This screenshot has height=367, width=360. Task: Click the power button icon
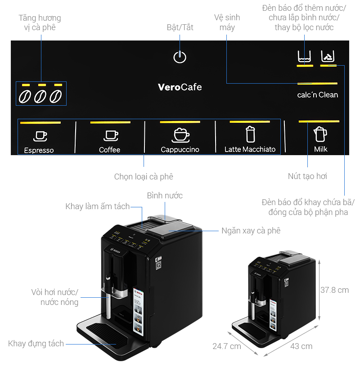point(180,57)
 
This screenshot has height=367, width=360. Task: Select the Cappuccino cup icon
point(180,135)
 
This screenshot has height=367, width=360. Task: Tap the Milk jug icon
point(320,134)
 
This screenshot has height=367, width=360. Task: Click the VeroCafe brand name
point(180,87)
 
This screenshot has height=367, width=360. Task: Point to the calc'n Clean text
point(318,95)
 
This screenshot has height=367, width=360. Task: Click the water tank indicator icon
point(305,57)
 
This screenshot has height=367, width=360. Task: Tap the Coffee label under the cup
point(109,150)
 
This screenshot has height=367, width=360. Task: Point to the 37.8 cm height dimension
point(334,290)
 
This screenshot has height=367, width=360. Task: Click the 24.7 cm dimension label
point(226,346)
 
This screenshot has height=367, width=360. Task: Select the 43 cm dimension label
point(301,346)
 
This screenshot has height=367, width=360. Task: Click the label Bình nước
point(165,196)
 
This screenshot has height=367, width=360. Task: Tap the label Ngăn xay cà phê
point(251,231)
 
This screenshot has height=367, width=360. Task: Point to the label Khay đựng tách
point(36,344)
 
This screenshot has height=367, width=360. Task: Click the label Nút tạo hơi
point(307,176)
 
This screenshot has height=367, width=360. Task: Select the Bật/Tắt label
point(180,27)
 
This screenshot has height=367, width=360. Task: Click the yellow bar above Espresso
point(40,122)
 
